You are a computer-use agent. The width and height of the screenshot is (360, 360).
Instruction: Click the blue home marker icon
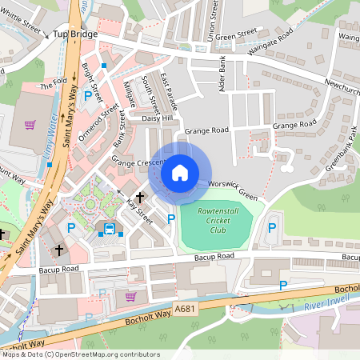(x=179, y=172)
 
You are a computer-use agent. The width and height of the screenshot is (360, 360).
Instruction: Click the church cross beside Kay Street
(x=140, y=196)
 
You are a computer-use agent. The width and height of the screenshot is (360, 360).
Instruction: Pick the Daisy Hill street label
(x=157, y=118)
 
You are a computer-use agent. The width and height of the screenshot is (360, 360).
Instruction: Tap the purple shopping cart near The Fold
(x=30, y=124)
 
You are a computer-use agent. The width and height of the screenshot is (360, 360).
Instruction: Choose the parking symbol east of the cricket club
(x=272, y=228)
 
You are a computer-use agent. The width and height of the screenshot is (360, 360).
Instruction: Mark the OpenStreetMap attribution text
(x=80, y=354)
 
